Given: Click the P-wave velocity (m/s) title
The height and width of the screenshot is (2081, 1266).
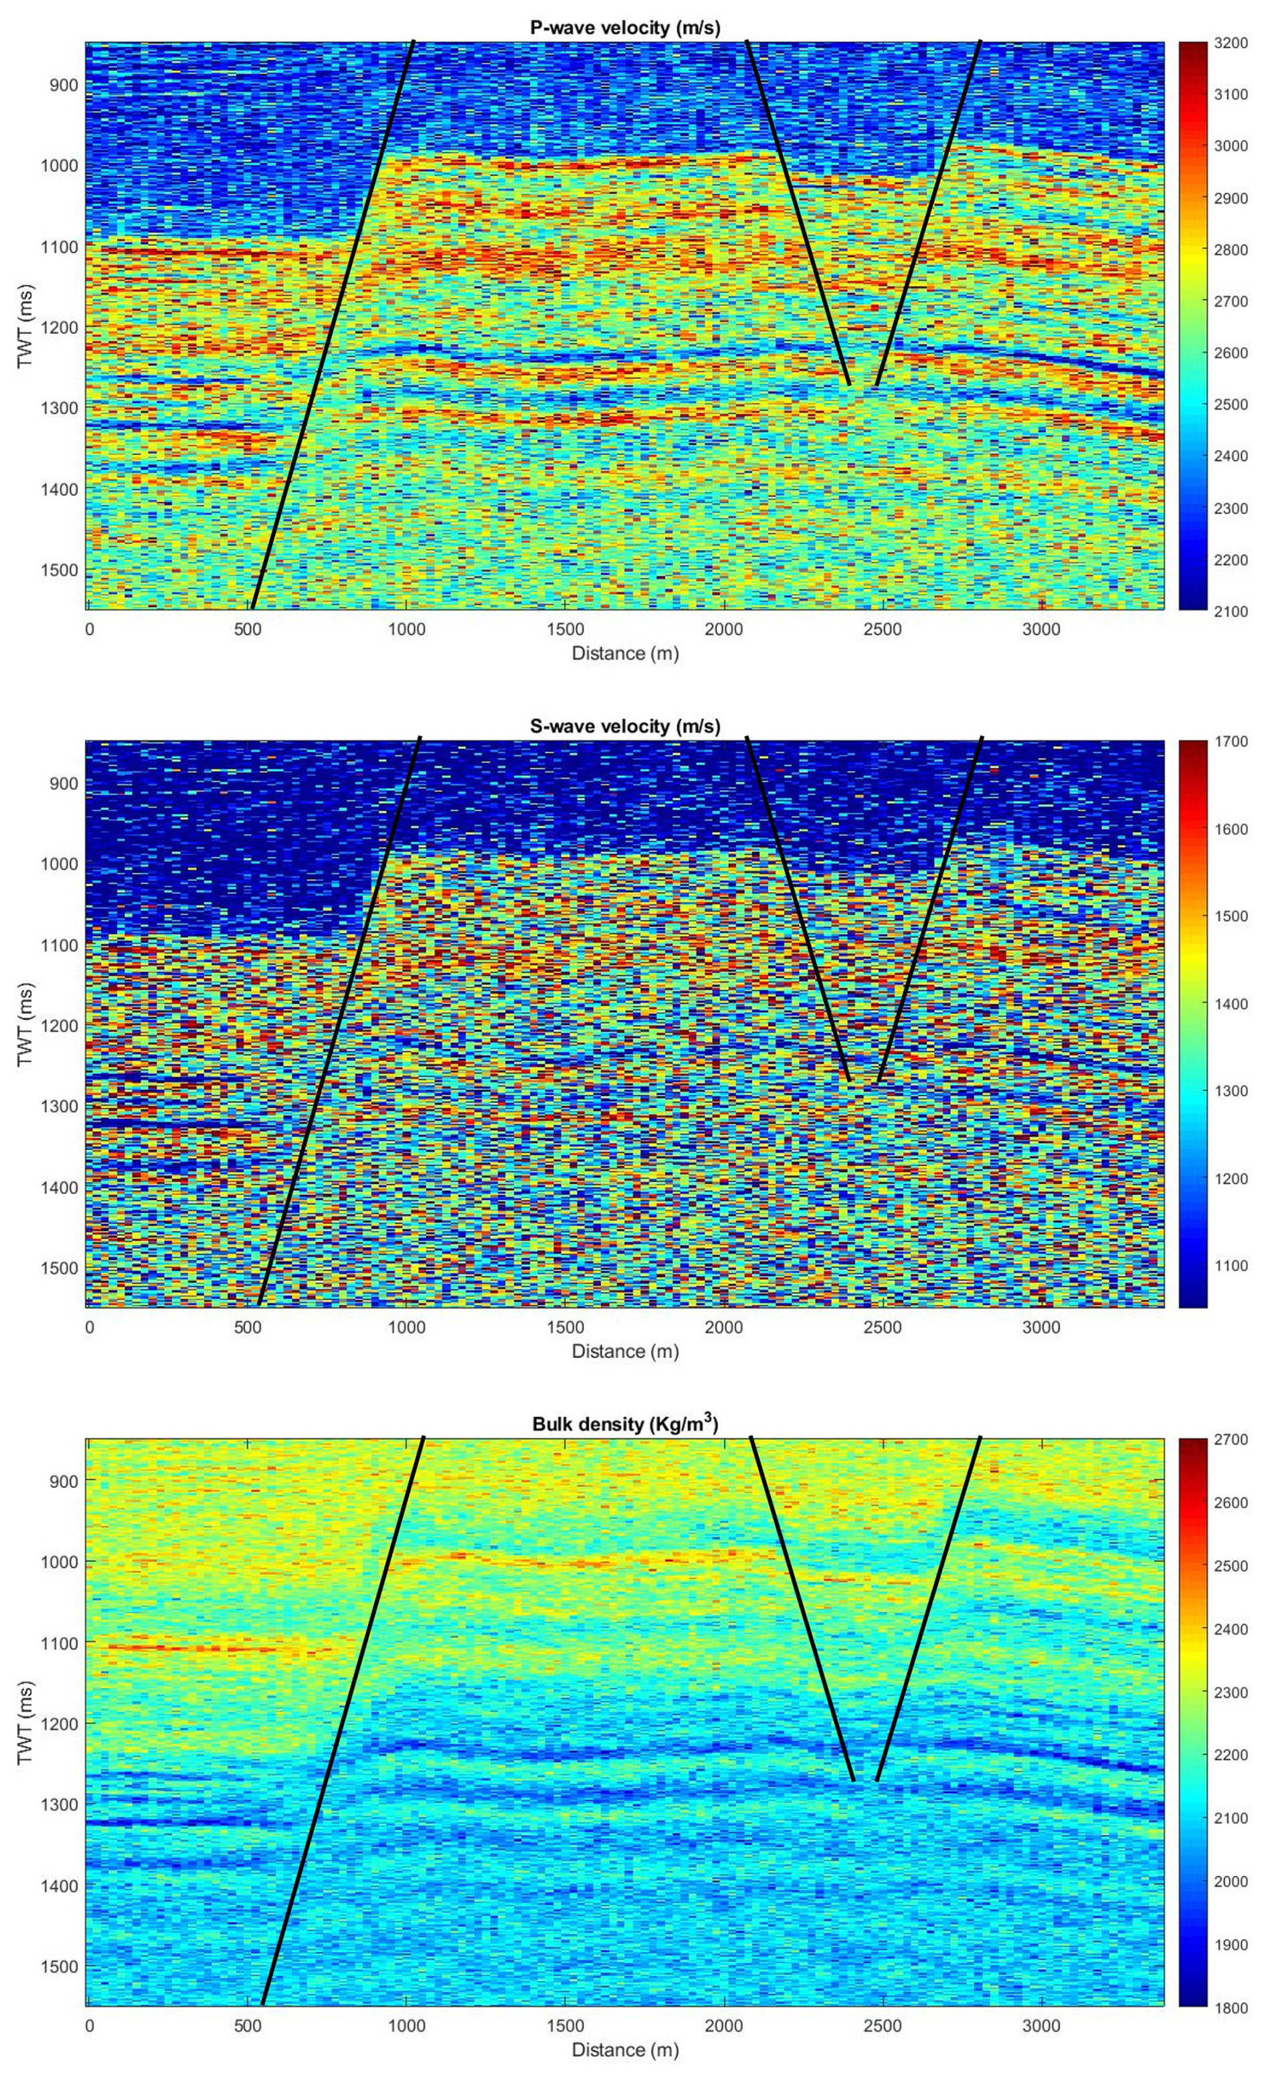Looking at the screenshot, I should pos(625,28).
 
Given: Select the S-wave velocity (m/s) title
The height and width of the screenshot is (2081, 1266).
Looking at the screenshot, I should pos(625,726).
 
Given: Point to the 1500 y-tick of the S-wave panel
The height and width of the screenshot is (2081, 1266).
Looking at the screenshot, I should pos(59,1268).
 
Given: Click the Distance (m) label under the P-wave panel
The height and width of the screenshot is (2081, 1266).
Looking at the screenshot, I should pos(625,653).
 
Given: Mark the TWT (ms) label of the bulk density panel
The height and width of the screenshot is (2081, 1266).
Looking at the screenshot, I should pos(25,1723).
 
